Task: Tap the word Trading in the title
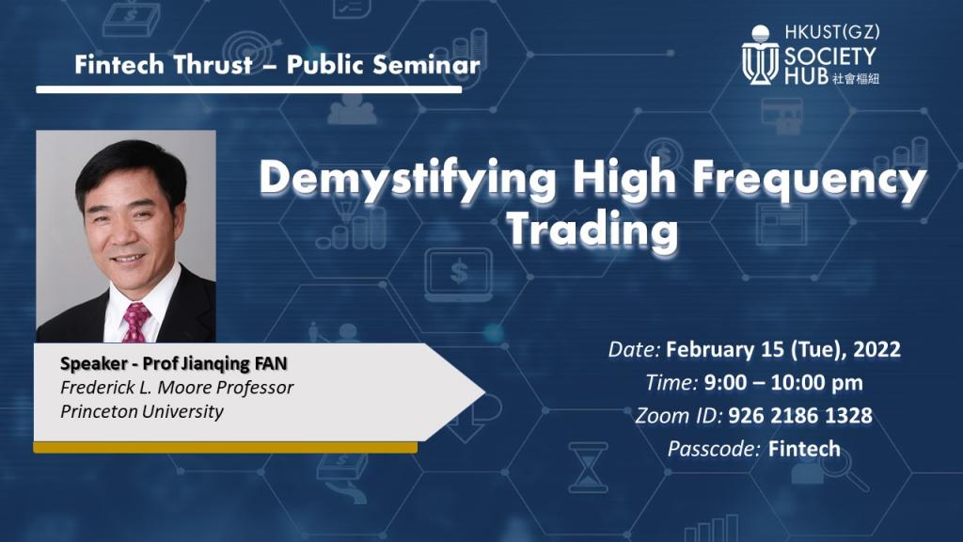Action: pos(592,230)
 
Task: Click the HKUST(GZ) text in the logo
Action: pos(832,31)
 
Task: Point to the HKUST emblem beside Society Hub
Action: pos(760,55)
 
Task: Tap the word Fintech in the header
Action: pos(119,65)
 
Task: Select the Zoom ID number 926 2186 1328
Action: pos(799,416)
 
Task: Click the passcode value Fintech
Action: pos(804,449)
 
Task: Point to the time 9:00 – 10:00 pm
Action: pos(783,383)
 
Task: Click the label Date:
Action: pos(634,350)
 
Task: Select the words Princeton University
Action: pos(142,411)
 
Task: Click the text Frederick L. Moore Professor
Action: pos(177,387)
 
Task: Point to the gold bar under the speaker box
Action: pos(226,447)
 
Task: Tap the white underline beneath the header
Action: pos(248,89)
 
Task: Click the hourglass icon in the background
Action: pos(588,468)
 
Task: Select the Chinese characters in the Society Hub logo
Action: pos(857,78)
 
